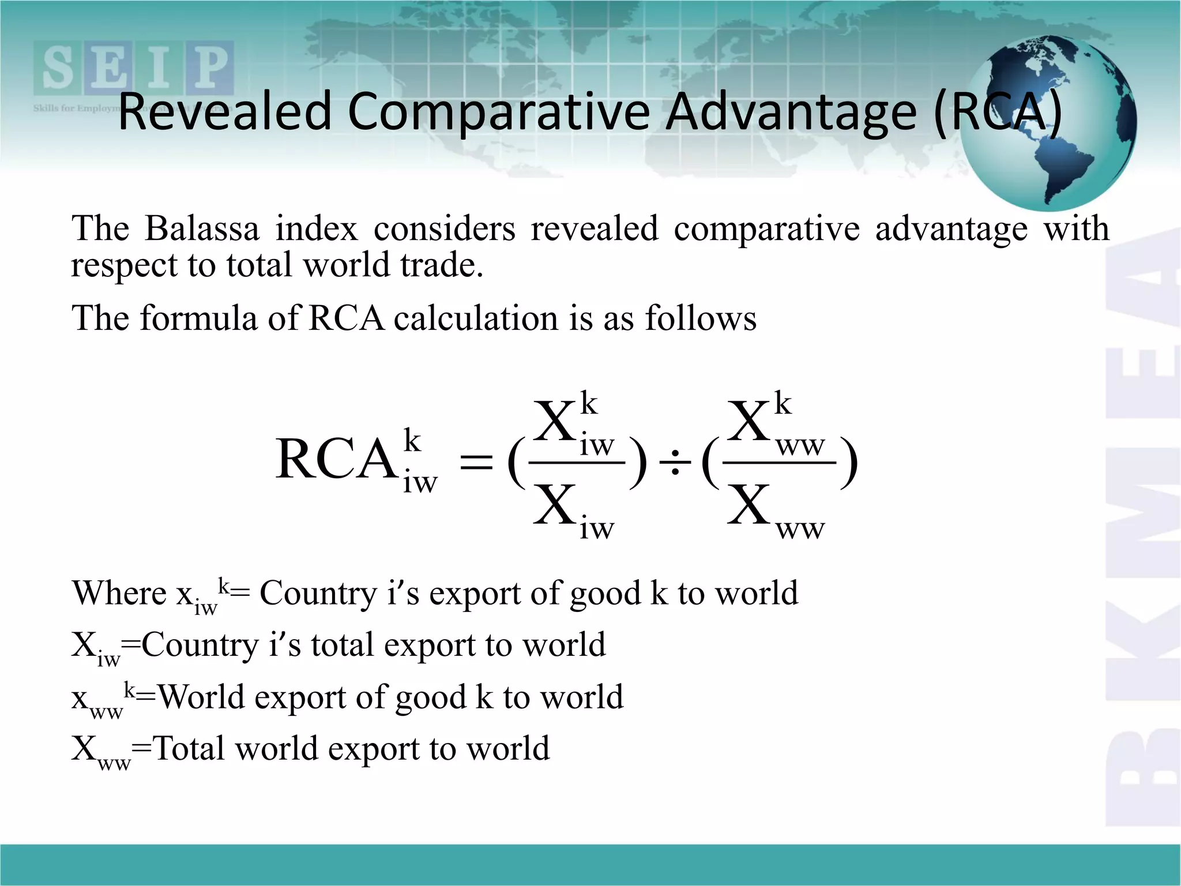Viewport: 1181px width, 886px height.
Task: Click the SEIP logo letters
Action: pyautogui.click(x=134, y=68)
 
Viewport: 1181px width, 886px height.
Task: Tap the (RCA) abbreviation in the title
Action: pyautogui.click(x=998, y=111)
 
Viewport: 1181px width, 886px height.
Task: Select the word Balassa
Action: pyautogui.click(x=202, y=228)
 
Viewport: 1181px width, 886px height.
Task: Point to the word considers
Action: pyautogui.click(x=444, y=228)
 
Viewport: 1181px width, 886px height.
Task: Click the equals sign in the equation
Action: pyautogui.click(x=476, y=463)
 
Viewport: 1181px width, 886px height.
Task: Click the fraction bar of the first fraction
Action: pyautogui.click(x=577, y=463)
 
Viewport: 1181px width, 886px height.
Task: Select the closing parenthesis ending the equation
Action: pyautogui.click(x=849, y=463)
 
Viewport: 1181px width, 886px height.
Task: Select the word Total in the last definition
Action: pyautogui.click(x=189, y=749)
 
